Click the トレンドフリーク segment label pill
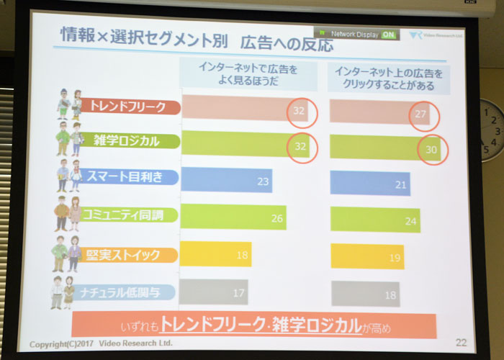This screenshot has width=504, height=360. coord(130,107)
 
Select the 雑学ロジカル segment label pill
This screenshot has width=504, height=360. coord(129,141)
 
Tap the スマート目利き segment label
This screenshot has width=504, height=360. coord(128,177)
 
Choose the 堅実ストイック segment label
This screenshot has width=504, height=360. coord(127,255)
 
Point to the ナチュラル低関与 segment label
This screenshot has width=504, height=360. coord(123,292)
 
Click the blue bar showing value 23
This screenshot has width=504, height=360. coord(227,180)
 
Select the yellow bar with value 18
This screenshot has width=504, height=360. coord(215,254)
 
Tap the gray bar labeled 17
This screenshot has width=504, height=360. coord(213,292)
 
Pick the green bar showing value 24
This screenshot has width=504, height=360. coord(375,220)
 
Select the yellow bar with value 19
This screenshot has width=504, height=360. coord(367,256)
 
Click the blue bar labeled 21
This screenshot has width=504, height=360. coord(370,184)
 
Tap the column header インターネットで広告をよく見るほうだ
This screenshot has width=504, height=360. coord(248,74)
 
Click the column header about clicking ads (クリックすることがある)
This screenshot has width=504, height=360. coord(389,79)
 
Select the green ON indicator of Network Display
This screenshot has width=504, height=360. coord(388,35)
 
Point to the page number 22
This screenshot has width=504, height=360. coord(461,343)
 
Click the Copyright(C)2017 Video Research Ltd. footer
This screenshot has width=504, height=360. coord(101,343)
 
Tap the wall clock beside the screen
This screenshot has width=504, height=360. coord(492,130)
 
